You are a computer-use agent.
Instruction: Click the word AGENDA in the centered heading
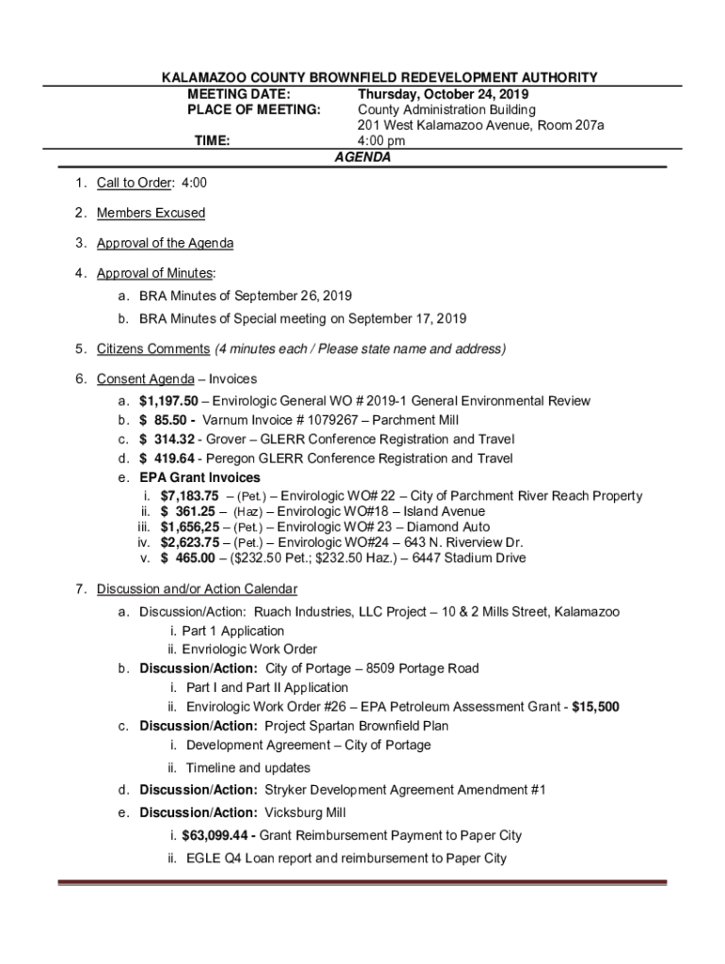tap(362, 158)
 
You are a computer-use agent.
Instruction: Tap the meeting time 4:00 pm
tap(380, 141)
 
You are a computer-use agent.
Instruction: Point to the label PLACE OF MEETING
tap(241, 110)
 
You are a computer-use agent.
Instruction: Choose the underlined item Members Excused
tap(151, 213)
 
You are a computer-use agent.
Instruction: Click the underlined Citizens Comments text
tap(153, 349)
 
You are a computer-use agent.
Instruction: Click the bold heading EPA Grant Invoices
tap(200, 478)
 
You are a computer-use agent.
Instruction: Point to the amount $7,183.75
tap(189, 496)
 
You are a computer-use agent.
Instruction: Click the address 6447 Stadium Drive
tap(477, 558)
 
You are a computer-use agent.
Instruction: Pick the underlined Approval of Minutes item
tap(155, 273)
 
